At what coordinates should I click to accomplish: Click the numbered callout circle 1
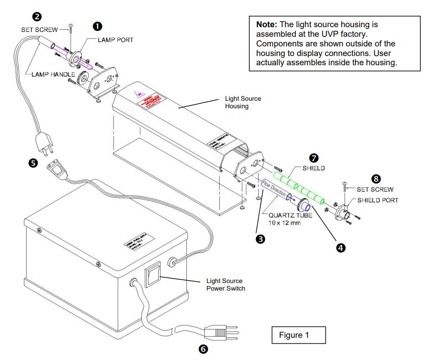pyautogui.click(x=97, y=26)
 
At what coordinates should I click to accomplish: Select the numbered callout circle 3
pyautogui.click(x=260, y=239)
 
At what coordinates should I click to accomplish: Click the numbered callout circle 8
pyautogui.click(x=376, y=179)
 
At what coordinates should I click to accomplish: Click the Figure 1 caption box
pyautogui.click(x=297, y=335)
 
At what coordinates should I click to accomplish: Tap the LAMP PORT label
pyautogui.click(x=116, y=40)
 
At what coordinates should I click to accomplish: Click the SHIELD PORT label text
pyautogui.click(x=378, y=200)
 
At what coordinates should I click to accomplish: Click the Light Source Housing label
pyautogui.click(x=243, y=102)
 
